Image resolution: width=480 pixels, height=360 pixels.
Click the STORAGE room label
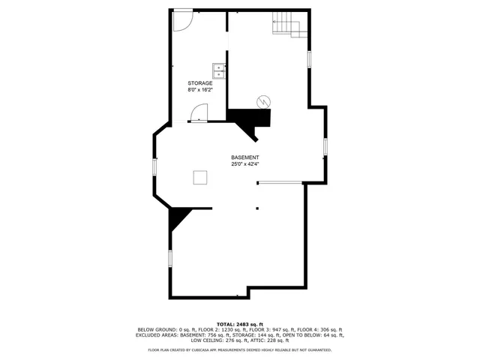tap(199, 83)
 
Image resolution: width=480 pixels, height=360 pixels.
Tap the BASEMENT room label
tap(245, 157)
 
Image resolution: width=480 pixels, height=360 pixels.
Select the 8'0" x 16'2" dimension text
tap(199, 90)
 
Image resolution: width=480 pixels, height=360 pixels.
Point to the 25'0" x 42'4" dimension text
tap(245, 164)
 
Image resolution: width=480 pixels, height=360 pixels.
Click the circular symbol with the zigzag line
tap(264, 101)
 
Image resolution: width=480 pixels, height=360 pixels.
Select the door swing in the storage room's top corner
tap(182, 19)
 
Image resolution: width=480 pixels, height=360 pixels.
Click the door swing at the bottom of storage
tap(199, 113)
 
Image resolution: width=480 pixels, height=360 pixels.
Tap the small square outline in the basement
tap(200, 177)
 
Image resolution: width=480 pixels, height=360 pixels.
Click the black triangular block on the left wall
tap(177, 218)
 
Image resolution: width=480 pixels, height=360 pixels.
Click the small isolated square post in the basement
tap(257, 208)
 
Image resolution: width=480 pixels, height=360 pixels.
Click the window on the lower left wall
tap(169, 259)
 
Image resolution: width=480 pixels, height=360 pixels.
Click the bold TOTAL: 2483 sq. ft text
tap(240, 323)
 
